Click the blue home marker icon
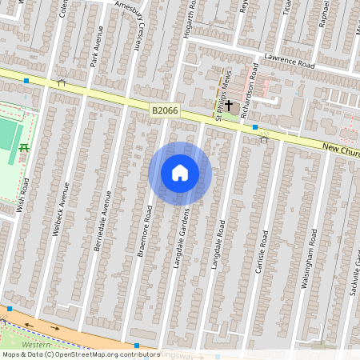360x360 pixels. tap(180, 173)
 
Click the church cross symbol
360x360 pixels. tap(229, 105)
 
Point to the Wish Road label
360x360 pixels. tap(22, 195)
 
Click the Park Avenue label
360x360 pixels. tap(96, 46)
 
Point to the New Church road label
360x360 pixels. tap(341, 149)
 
